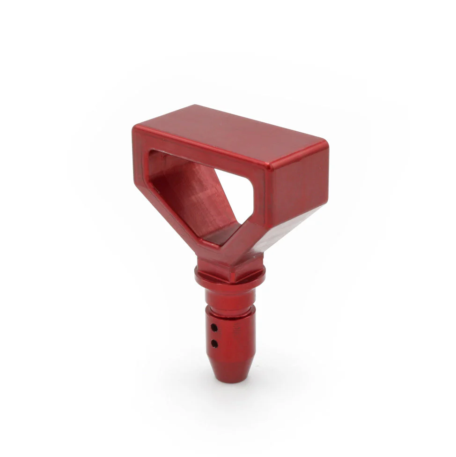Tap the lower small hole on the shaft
point(214,344)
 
